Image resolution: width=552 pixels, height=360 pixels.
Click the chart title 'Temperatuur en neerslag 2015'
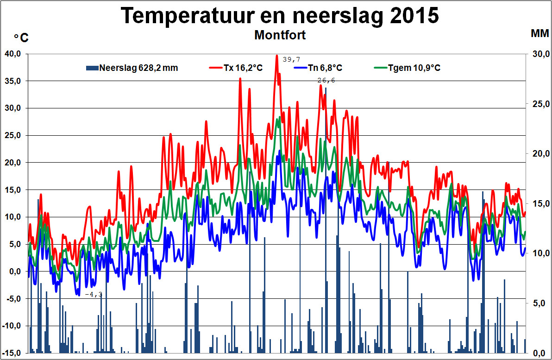tap(280, 16)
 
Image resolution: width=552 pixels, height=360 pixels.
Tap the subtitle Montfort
tap(280, 35)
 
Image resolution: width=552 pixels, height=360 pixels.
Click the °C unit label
tap(21, 38)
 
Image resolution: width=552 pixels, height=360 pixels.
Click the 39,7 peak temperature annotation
tap(291, 59)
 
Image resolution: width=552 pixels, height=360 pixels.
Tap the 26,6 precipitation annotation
tap(326, 80)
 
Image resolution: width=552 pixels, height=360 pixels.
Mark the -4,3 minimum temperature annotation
tap(94, 294)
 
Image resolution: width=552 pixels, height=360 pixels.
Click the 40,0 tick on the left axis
tap(13, 54)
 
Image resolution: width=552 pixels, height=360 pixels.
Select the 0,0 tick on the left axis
tap(15, 272)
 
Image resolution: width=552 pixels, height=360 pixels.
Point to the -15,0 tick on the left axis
tap(13, 353)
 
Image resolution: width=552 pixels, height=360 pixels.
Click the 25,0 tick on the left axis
tap(13, 135)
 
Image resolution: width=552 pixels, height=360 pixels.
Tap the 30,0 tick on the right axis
tap(537, 54)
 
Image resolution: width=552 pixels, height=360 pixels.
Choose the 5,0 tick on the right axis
tap(539, 303)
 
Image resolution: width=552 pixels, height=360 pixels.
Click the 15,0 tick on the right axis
tap(537, 203)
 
